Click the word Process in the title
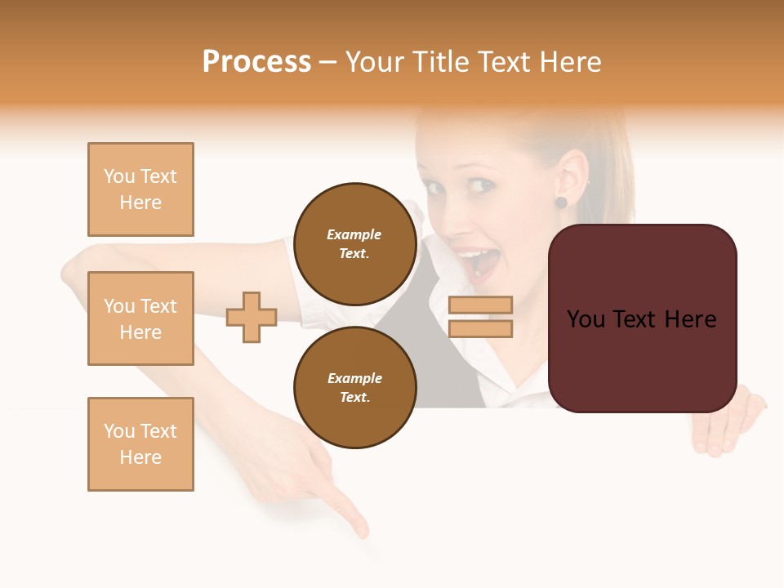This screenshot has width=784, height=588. [256, 62]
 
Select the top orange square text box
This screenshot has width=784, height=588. [140, 189]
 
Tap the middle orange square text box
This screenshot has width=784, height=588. [140, 318]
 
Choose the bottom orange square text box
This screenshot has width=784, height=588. [140, 444]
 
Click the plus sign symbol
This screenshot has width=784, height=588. [252, 317]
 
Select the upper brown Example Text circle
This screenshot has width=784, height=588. [354, 243]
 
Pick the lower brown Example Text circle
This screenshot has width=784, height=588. [354, 387]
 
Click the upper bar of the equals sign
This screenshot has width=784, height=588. [480, 305]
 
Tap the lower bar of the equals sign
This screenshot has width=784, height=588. [480, 329]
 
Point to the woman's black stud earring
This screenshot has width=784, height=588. [561, 202]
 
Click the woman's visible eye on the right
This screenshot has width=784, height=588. [482, 185]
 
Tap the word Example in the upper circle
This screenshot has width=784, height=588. [354, 234]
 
